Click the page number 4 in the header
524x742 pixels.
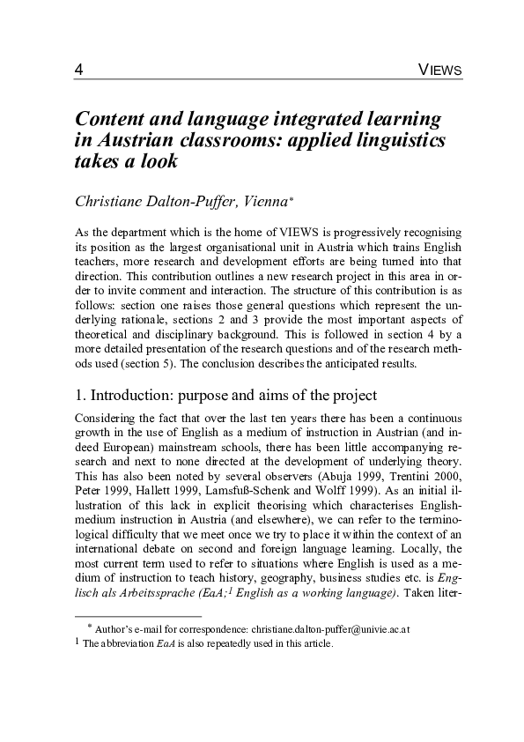[x=79, y=70]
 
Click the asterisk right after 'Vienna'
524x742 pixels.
[x=291, y=198]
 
